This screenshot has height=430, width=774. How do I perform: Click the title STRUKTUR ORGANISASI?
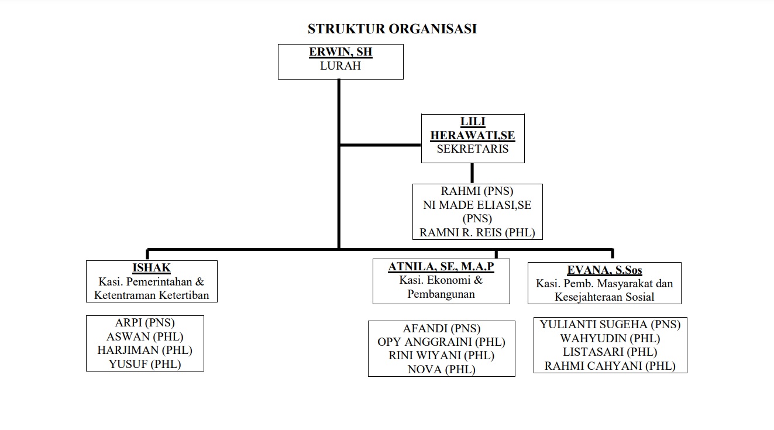pos(392,29)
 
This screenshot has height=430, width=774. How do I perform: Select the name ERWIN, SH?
pos(340,52)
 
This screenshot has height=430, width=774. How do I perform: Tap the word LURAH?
pos(340,66)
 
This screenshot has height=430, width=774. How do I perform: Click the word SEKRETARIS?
pos(473,149)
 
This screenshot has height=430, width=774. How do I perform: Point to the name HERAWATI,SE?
pos(473,135)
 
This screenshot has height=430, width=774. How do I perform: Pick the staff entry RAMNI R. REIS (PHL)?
pos(477,233)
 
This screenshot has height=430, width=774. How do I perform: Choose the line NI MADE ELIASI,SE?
pos(477,205)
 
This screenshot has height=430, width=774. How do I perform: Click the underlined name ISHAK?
pos(152,268)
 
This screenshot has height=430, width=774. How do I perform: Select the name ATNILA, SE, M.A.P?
pos(441,267)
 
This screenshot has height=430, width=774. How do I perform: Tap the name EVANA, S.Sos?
pos(604,270)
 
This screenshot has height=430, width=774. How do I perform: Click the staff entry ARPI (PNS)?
pos(145,323)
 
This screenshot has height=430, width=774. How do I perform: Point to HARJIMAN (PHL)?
pos(145,350)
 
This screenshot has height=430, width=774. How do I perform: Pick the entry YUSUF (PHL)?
pos(145,364)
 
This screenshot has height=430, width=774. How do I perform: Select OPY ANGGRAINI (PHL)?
pos(441,342)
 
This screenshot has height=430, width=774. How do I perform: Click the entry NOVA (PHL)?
pos(441,370)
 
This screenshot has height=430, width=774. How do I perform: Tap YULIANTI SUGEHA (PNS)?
pos(610,325)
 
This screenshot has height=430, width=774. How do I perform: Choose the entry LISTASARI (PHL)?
pos(610,352)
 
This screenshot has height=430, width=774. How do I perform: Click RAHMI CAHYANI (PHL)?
pos(610,366)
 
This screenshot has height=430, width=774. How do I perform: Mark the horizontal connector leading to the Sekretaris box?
pos(380,145)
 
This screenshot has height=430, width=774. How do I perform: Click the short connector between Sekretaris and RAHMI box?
pos(472,173)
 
